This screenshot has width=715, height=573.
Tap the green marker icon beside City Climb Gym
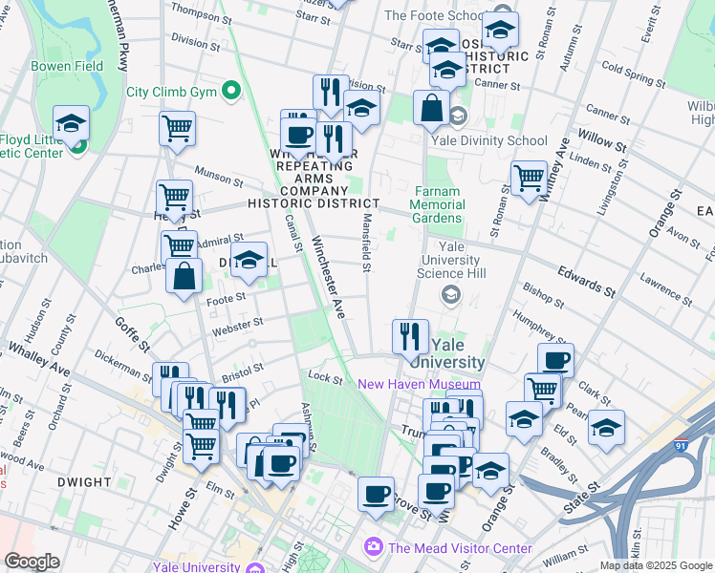(x=230, y=93)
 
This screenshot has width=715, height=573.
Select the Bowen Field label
(x=67, y=67)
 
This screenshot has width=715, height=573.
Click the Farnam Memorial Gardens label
(x=439, y=204)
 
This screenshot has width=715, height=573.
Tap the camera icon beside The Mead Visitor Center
(x=373, y=548)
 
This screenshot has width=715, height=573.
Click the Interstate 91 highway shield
(x=680, y=444)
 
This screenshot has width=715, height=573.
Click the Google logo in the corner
(x=32, y=562)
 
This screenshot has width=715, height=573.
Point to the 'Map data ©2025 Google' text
(x=656, y=565)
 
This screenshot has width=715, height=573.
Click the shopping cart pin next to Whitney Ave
(x=529, y=178)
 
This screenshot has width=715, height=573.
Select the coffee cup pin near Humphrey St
(x=555, y=360)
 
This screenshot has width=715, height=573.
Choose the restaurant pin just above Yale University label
(x=410, y=335)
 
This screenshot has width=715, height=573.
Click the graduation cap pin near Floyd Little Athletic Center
(x=72, y=123)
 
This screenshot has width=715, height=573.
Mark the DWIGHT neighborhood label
(x=83, y=482)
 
